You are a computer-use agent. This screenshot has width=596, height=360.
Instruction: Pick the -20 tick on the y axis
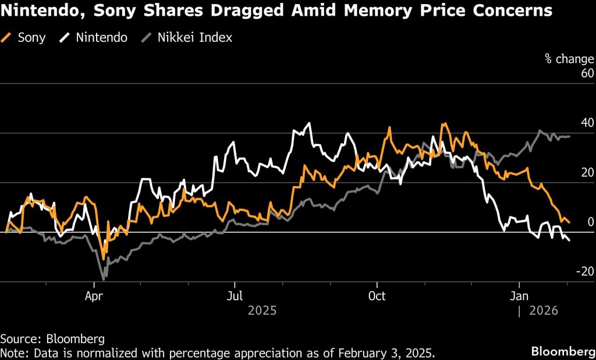(584, 272)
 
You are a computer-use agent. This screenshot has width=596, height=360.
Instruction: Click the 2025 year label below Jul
(262, 311)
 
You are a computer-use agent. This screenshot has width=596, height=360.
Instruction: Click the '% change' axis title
(569, 59)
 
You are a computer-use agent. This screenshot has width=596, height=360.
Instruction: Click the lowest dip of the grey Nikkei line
(104, 279)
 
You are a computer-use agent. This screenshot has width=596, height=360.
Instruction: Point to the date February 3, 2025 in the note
(383, 352)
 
